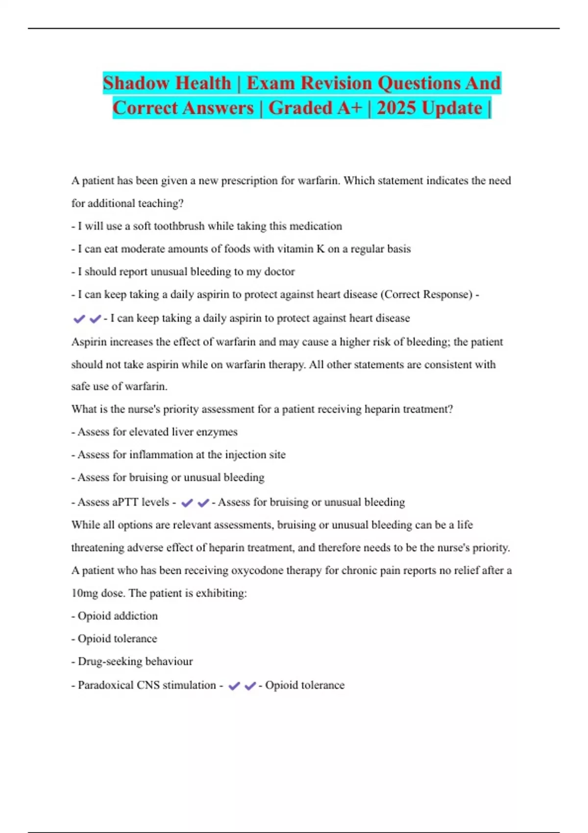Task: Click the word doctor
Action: (279, 271)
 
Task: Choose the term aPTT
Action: (125, 502)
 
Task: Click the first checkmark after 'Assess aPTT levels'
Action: (187, 502)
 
